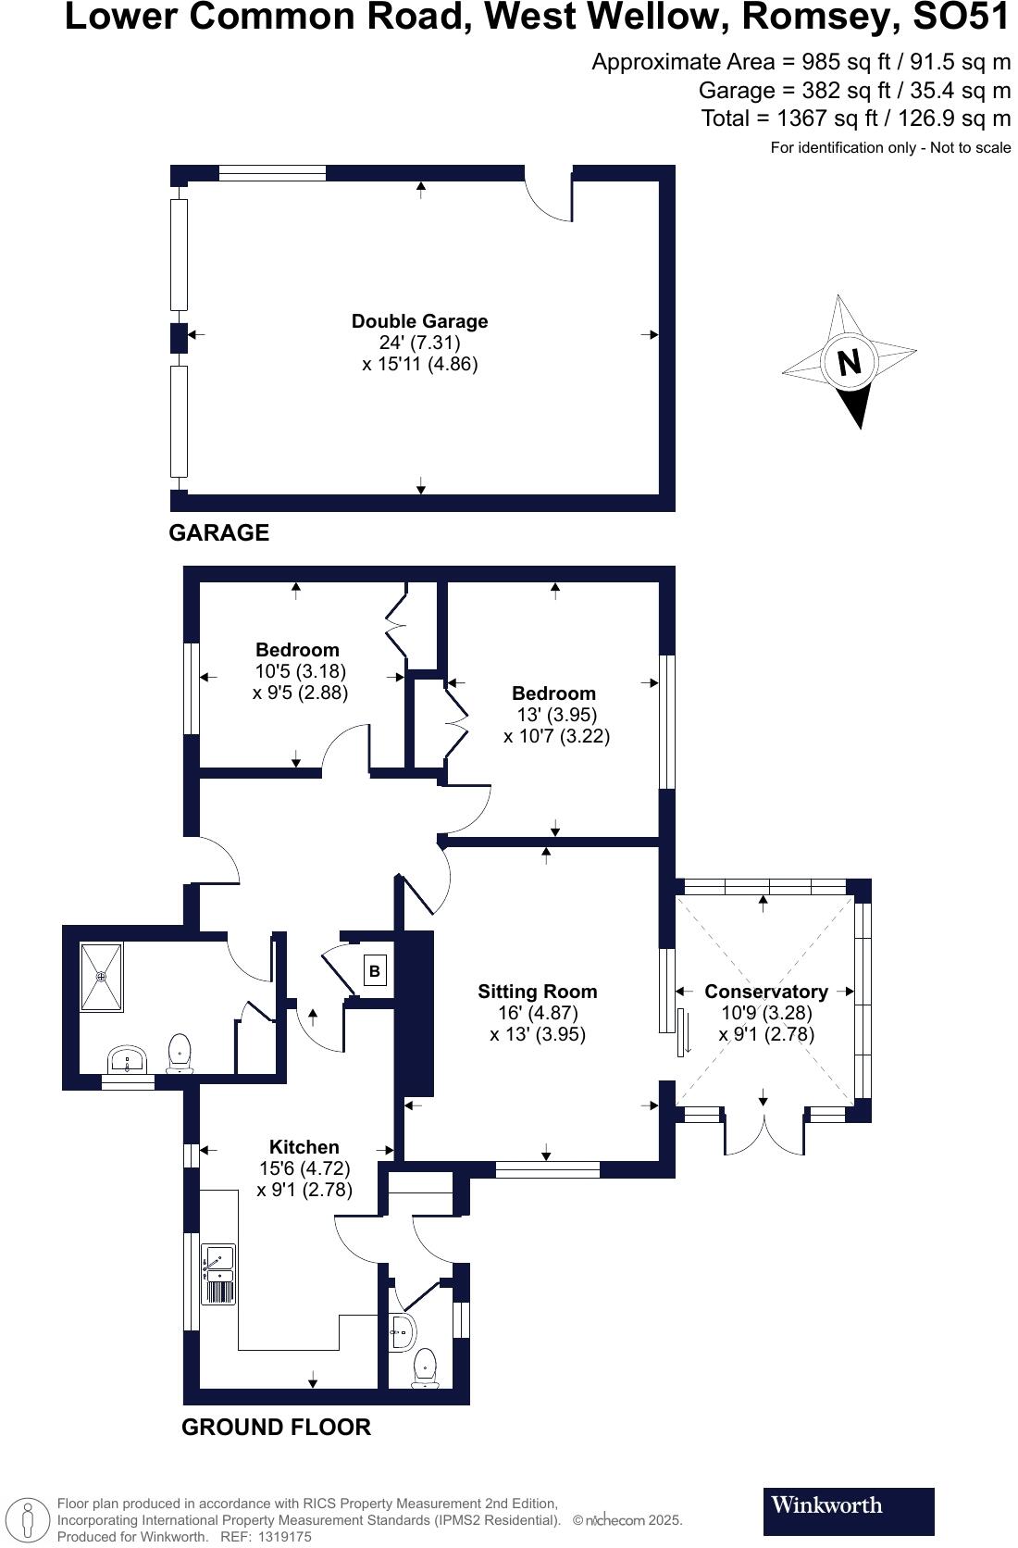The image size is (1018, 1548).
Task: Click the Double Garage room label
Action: point(419,321)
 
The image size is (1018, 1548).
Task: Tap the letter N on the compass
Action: point(849,361)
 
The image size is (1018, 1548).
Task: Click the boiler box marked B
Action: point(375,971)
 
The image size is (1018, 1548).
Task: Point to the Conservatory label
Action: point(765,992)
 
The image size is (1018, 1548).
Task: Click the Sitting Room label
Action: point(537,992)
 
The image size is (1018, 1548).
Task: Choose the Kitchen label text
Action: point(304,1147)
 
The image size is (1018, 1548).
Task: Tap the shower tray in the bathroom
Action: point(101,977)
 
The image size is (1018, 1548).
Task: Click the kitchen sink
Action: point(218,1274)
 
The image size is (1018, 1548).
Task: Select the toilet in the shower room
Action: point(180,1054)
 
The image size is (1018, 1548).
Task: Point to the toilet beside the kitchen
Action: point(425,1368)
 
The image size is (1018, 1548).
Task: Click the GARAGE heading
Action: point(218,532)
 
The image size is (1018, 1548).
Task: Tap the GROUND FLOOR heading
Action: point(276,1427)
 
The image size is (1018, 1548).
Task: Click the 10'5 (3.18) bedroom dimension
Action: point(300,671)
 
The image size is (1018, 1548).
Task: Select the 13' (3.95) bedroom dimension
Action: point(556,715)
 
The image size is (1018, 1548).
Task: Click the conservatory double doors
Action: point(764,1133)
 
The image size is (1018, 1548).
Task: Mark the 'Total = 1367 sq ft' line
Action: point(855,119)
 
